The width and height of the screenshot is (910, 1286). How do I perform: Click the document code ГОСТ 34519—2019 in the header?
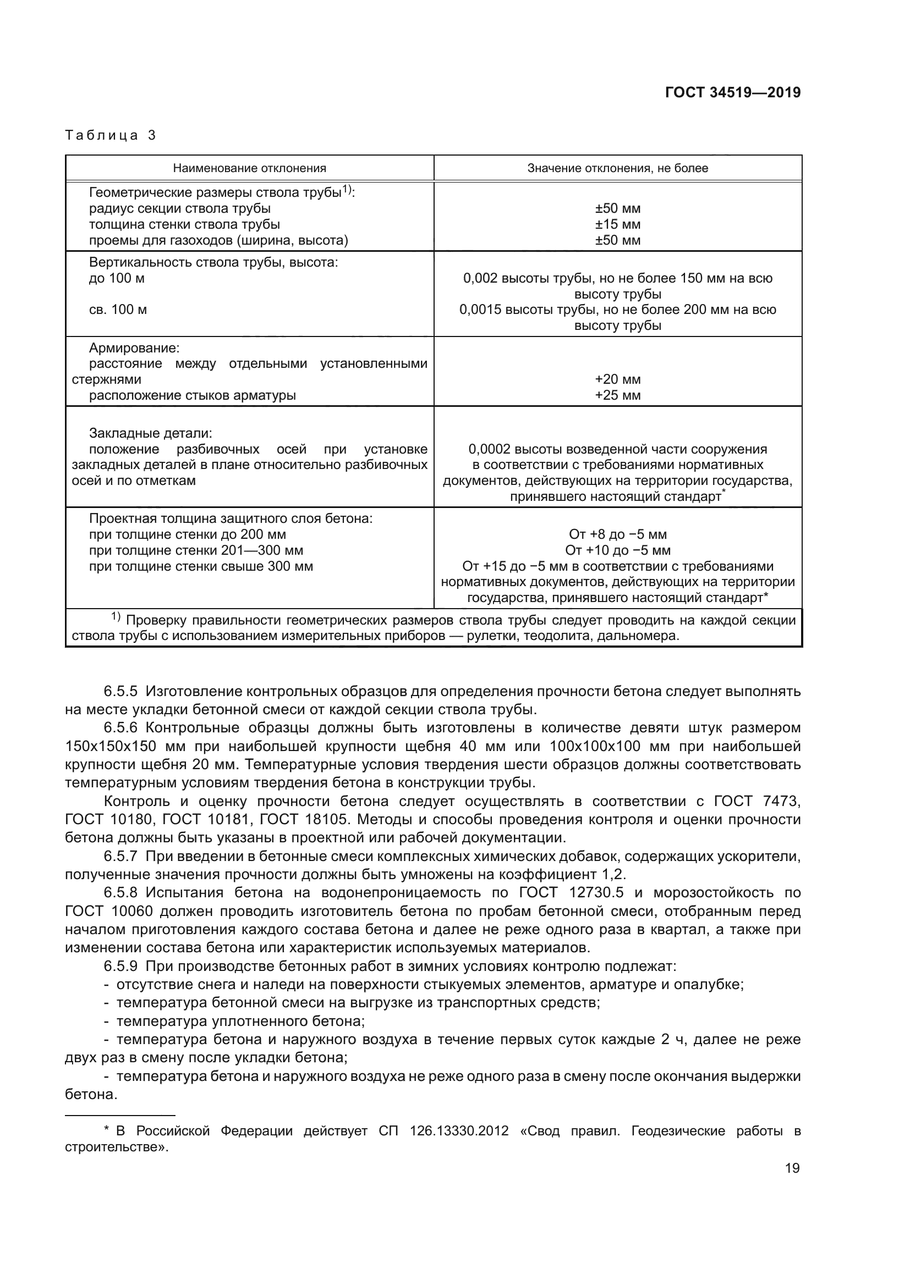coord(732,92)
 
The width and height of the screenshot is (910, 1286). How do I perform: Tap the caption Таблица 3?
coord(111,135)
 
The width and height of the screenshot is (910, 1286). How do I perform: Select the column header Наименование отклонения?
coord(249,168)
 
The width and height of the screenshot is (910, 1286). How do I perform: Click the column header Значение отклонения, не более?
coord(617,168)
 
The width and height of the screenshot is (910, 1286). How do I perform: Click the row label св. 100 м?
coord(118,310)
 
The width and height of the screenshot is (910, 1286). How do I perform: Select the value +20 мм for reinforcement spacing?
coord(617,379)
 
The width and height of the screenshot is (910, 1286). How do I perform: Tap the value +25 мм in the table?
coord(617,395)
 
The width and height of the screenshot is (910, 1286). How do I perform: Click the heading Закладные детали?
coord(151,433)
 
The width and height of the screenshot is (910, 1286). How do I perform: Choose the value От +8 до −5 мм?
coord(617,534)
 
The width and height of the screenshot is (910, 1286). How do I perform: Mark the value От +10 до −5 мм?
coord(617,550)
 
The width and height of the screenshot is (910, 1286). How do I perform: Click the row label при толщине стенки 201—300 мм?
coord(196,550)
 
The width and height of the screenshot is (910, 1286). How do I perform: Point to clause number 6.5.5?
coord(120,691)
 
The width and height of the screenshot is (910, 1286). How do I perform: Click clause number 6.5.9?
coord(120,966)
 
